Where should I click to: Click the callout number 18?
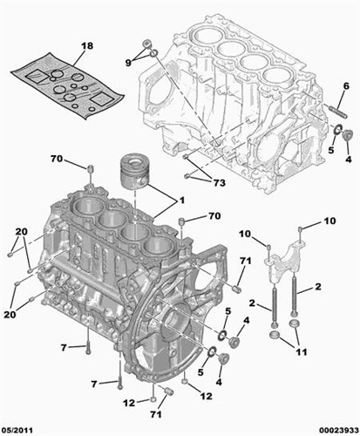[x=87, y=46]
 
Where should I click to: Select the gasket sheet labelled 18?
[x=67, y=85]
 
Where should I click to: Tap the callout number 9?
[x=128, y=63]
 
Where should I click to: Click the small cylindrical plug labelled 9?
[x=147, y=44]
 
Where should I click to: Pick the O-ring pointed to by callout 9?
[x=154, y=53]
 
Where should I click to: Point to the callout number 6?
[x=346, y=86]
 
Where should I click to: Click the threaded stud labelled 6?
[x=339, y=112]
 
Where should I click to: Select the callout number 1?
[x=182, y=201]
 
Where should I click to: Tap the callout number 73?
[x=219, y=183]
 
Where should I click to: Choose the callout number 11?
[x=301, y=352]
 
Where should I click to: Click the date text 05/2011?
[x=17, y=430]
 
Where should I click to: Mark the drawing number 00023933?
[x=338, y=430]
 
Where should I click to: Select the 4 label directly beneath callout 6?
[x=349, y=159]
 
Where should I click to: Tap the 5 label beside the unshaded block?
[x=331, y=150]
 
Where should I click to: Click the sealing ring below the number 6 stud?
[x=337, y=129]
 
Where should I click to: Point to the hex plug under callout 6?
[x=348, y=135]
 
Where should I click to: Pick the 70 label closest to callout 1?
[x=214, y=216]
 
